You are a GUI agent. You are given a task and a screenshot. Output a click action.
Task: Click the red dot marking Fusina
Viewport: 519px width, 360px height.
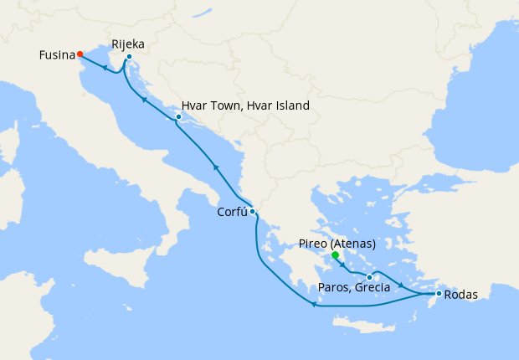[x=80, y=54]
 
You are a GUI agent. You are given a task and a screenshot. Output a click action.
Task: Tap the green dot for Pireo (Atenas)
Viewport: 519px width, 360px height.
[x=335, y=255]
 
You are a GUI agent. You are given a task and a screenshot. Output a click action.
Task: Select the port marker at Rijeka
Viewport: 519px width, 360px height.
[x=129, y=57]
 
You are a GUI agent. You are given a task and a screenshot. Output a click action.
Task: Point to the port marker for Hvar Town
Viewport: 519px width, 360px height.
[x=178, y=116]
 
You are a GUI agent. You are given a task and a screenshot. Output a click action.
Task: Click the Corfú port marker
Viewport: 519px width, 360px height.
[x=252, y=211]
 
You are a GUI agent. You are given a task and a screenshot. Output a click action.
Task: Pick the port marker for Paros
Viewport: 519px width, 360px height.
[x=369, y=277]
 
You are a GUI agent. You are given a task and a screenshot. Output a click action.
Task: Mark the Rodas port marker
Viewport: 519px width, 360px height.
[x=439, y=294]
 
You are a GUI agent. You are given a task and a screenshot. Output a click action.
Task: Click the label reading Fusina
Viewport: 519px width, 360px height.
[x=56, y=55]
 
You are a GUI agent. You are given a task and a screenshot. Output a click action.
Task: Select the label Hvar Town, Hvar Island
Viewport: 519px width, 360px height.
[x=245, y=106]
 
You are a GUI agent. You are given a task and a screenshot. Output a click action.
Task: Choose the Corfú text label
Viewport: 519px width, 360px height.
[x=226, y=213]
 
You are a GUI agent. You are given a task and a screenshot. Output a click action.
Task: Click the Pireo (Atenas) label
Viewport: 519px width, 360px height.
[x=337, y=244]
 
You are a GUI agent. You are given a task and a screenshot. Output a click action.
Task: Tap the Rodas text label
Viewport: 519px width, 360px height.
[x=461, y=295]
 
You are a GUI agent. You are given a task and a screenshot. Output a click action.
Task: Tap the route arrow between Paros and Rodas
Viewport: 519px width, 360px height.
[x=404, y=287]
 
